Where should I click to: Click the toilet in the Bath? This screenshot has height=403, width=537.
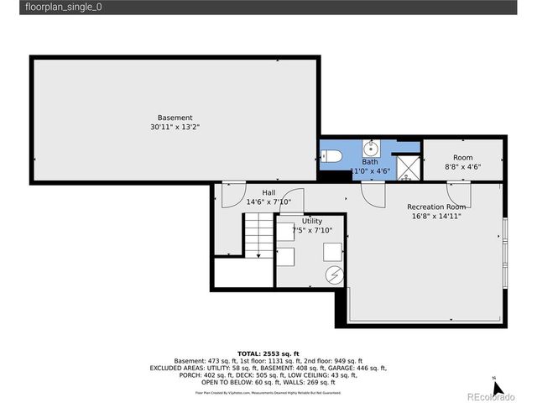pos(329,156)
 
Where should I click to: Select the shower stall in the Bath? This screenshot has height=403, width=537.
pos(408,167)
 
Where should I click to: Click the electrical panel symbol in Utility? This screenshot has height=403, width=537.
pos(333,275)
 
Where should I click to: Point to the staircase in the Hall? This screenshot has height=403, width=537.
pos(258,236)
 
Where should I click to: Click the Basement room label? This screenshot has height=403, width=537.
pos(175,118)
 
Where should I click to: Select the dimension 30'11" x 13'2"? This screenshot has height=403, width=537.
pos(175,128)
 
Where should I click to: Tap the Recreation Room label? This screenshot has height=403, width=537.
pos(436,207)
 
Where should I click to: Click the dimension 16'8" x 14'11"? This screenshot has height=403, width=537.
pos(436,216)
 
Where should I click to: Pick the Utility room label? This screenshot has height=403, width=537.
pos(312,221)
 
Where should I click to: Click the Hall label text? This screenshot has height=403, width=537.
pos(268,192)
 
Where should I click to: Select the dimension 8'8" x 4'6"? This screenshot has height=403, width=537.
pos(462,166)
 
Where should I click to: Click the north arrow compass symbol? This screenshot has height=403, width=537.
pos(496,387)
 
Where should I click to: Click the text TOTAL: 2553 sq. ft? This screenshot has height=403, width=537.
pos(268,353)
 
